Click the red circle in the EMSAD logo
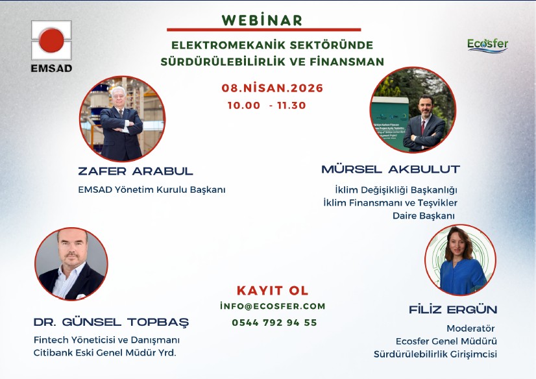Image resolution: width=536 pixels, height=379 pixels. (x=52, y=40)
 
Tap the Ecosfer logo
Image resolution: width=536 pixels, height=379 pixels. (x=487, y=46)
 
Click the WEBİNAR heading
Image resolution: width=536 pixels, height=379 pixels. (x=262, y=20)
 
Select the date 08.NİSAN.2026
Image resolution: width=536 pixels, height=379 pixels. (x=272, y=88)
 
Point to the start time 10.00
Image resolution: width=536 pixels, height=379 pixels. (x=244, y=105)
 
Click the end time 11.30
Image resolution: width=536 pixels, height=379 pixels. (x=291, y=105)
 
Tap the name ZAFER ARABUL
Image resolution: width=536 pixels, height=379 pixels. (x=136, y=171)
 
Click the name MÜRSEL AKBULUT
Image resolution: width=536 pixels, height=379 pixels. (x=391, y=169)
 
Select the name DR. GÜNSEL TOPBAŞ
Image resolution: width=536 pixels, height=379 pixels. (x=111, y=322)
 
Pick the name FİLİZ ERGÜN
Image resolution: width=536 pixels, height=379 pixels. (x=453, y=310)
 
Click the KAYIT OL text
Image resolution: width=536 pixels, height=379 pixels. (x=273, y=291)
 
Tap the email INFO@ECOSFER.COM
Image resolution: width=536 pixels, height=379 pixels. (x=273, y=306)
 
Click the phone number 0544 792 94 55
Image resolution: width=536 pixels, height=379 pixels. (x=274, y=323)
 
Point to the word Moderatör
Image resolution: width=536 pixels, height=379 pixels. (x=470, y=328)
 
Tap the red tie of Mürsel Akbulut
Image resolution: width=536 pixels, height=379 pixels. (x=423, y=127)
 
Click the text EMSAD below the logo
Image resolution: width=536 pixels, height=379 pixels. (x=52, y=68)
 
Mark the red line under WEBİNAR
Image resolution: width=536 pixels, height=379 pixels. (x=264, y=30)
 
